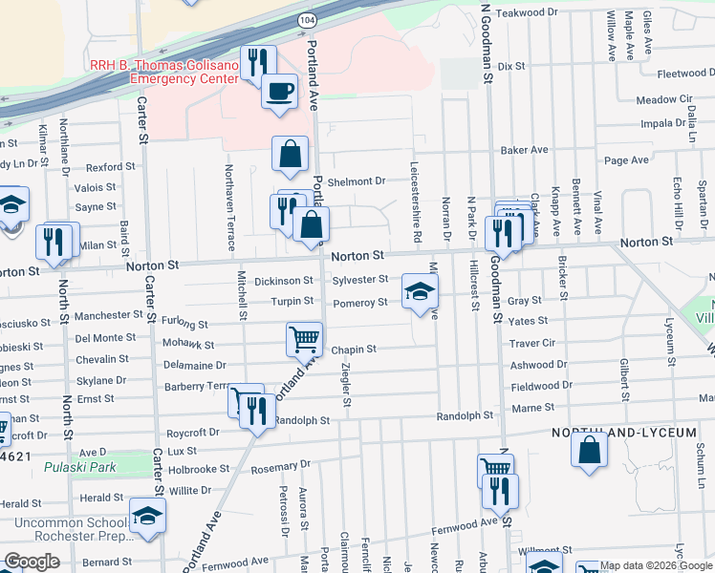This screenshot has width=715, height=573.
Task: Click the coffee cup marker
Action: click(278, 92)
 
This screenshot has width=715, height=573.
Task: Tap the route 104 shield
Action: click(306, 19)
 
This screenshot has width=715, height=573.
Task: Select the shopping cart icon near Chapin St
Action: click(304, 337)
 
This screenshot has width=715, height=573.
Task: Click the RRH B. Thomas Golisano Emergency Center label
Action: click(162, 72)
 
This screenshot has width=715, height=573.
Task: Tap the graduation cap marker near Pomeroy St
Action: click(418, 291)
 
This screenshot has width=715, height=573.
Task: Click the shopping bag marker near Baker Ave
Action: click(290, 154)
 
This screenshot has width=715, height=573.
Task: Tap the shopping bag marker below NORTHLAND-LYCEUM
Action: click(589, 450)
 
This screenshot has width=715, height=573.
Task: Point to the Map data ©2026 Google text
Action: click(655, 565)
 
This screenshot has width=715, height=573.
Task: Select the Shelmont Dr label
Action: click(356, 180)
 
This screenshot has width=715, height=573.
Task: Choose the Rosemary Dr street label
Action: click(280, 465)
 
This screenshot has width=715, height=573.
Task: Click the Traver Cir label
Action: click(532, 343)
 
